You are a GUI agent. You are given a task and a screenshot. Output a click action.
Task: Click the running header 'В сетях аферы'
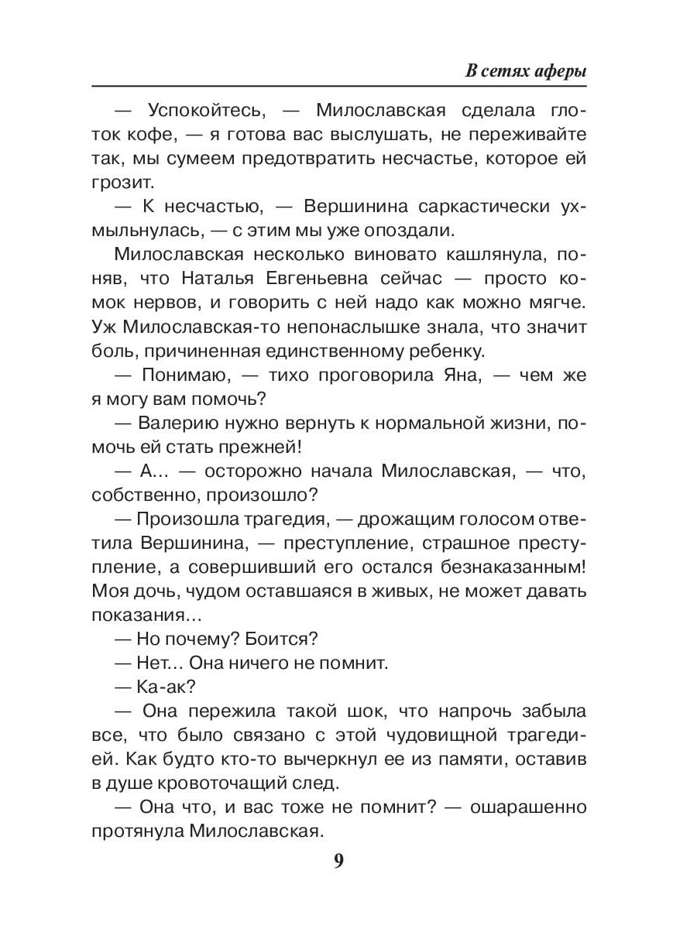coord(526,71)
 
